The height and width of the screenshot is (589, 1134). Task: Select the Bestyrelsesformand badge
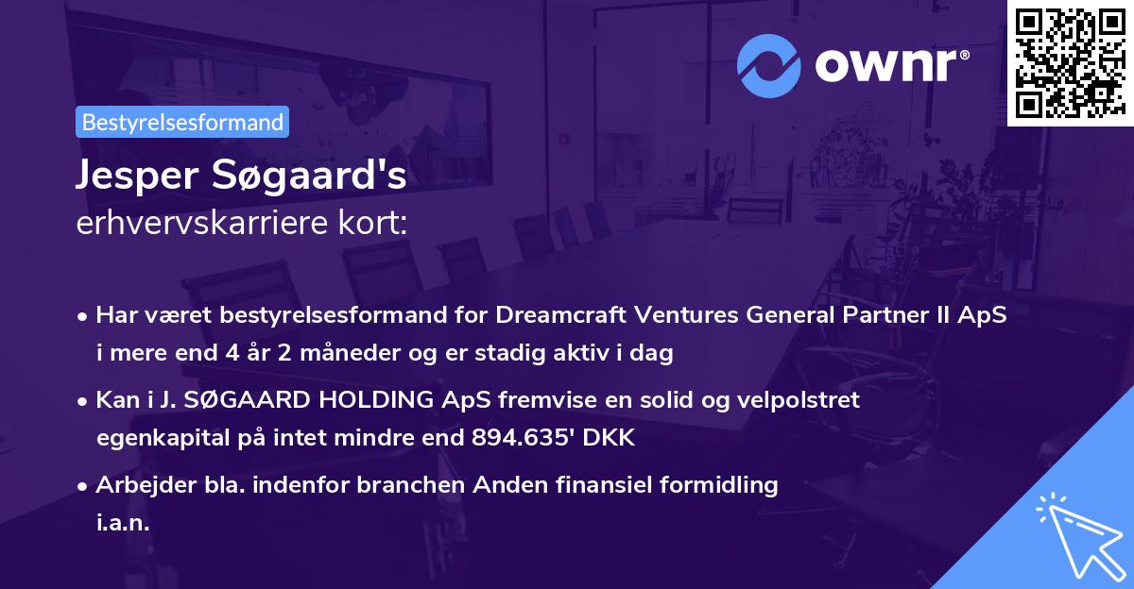click(182, 122)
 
